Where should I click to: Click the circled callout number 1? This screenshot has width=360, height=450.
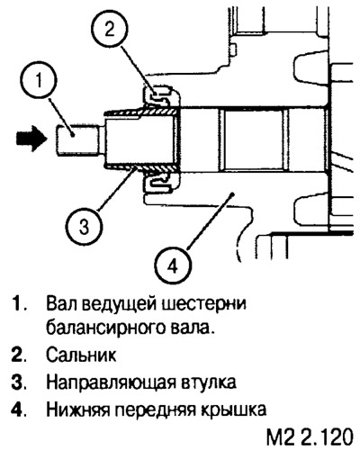(x=39, y=81)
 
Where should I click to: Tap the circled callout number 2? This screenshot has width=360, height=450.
(x=109, y=30)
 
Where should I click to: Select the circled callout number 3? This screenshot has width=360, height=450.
(x=85, y=226)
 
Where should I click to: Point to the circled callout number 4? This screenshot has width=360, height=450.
(x=173, y=265)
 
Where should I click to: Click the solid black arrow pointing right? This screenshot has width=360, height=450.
(x=31, y=139)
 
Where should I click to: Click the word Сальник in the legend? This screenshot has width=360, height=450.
(x=81, y=355)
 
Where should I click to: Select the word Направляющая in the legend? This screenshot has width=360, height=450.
(x=111, y=382)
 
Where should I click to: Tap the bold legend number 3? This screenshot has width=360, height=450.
(x=18, y=382)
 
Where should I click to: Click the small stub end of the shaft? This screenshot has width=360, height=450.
(x=77, y=140)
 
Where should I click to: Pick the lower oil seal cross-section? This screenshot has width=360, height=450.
(x=160, y=184)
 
